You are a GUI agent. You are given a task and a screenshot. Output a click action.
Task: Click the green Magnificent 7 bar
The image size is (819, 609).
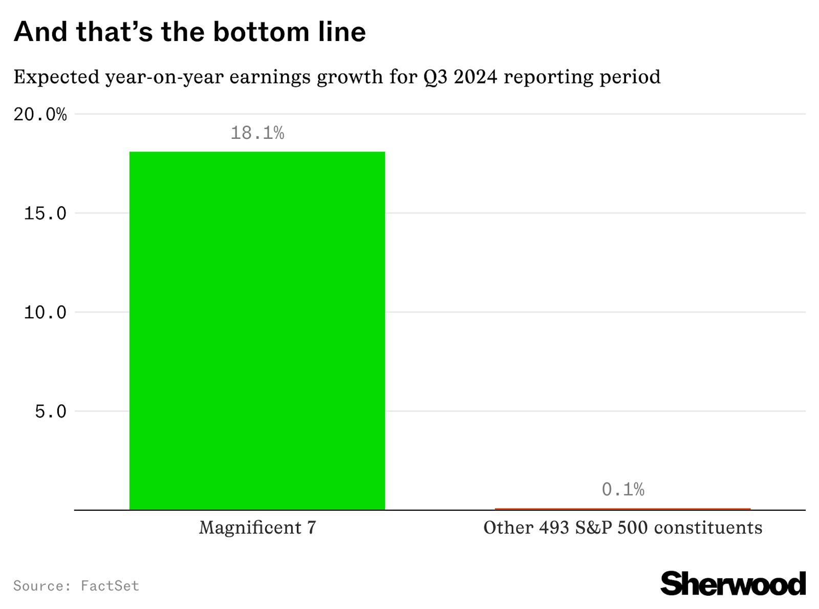[x=257, y=331]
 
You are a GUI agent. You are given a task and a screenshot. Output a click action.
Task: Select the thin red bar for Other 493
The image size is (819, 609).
[x=622, y=509]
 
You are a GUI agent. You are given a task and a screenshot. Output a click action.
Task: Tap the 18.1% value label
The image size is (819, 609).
[x=257, y=133]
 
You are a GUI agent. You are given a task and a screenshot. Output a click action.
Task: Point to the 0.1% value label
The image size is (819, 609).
[x=622, y=490]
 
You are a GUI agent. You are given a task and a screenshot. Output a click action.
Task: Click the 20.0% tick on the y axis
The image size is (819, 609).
[x=40, y=114]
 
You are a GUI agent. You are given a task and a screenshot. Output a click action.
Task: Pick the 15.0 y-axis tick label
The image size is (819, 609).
[x=45, y=213]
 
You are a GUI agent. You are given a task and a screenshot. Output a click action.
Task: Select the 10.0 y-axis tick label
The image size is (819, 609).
[x=45, y=312]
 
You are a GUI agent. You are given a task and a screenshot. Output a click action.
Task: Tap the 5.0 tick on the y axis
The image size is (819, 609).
[x=51, y=411]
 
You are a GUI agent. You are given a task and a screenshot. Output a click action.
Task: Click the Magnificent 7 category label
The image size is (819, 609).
[x=257, y=528]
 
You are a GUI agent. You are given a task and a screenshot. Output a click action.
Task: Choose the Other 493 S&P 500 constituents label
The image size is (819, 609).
[x=622, y=528]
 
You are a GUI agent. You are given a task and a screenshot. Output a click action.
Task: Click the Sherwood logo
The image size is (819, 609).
[x=732, y=584]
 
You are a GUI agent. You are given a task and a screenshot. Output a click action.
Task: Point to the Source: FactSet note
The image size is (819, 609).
[x=76, y=585]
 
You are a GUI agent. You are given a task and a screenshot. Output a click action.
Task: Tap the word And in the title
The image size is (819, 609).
[x=40, y=32]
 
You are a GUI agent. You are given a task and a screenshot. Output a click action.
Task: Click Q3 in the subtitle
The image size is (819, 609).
[x=435, y=77]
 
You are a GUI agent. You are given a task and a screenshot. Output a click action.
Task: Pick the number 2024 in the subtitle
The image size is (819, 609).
[x=475, y=77]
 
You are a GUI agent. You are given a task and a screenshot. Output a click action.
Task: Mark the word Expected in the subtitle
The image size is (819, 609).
[x=56, y=77]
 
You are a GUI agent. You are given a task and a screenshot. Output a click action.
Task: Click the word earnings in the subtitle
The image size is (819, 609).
[x=270, y=77]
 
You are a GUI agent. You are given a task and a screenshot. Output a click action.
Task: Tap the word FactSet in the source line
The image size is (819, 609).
[x=110, y=585]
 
